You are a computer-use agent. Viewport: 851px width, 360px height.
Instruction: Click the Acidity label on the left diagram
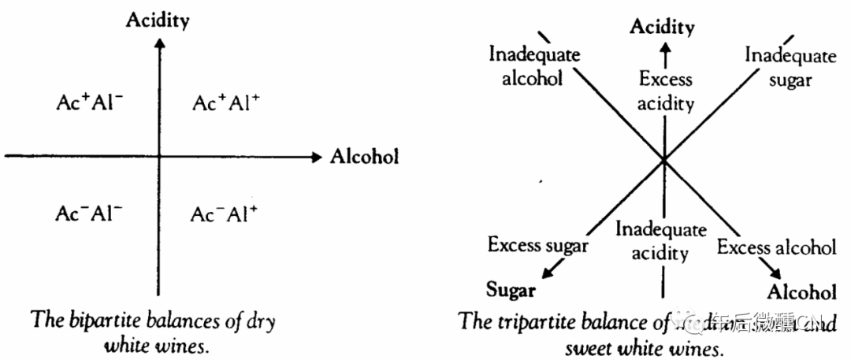(x=158, y=20)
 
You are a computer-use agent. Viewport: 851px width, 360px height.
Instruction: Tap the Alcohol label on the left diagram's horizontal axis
(x=364, y=155)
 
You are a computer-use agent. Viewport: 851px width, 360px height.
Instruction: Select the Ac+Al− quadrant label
(x=90, y=104)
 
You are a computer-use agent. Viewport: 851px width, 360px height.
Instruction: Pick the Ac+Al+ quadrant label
(x=226, y=104)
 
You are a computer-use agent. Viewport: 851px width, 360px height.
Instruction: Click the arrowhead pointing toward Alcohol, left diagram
(x=317, y=155)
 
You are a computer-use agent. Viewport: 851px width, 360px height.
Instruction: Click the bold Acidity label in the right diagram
(x=662, y=28)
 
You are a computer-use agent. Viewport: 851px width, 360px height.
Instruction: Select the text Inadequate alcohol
(x=534, y=66)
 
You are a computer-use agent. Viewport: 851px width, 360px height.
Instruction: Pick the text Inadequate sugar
(x=790, y=67)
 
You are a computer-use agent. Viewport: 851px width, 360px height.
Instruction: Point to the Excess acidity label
(x=665, y=91)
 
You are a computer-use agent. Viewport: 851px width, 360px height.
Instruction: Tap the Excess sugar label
(x=537, y=245)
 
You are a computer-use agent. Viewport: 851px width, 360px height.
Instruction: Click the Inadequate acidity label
(x=661, y=241)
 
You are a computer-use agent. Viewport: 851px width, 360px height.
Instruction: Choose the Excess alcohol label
(x=776, y=247)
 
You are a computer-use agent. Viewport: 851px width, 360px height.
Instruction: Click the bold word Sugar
(x=511, y=290)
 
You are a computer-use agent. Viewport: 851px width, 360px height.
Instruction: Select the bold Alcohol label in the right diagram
(x=801, y=292)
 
